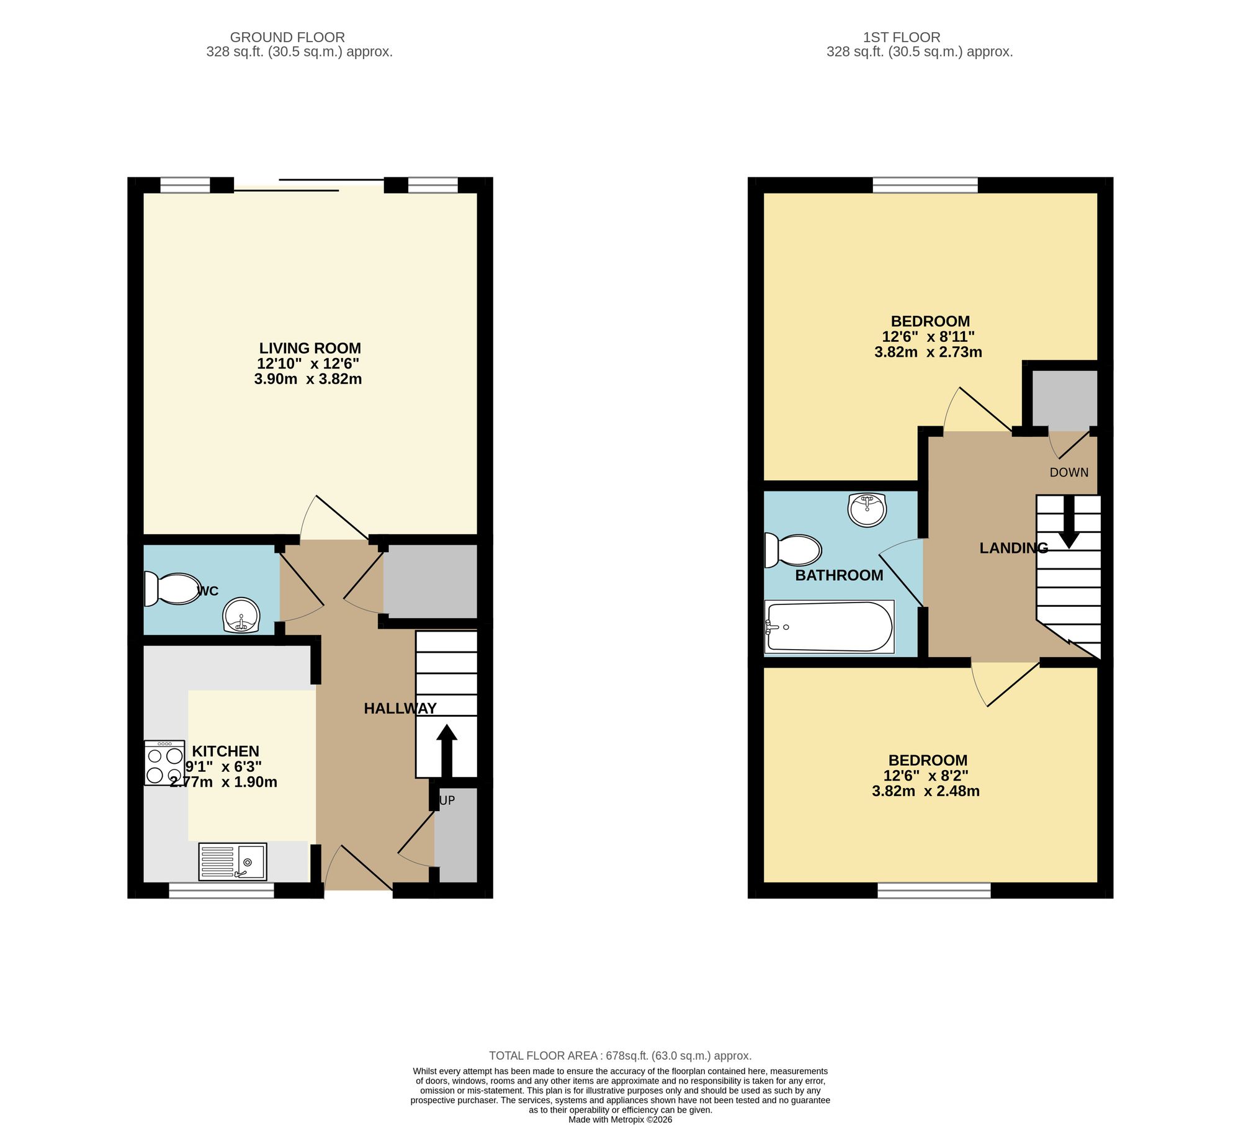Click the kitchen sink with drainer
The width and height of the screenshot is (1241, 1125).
point(233,861)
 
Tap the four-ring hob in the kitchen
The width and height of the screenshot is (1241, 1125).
point(164,763)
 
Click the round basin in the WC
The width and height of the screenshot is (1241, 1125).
point(241,616)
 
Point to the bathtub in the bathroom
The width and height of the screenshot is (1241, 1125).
point(829,626)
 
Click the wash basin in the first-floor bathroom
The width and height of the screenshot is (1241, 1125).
point(867,509)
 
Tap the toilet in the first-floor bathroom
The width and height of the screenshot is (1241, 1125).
point(793,550)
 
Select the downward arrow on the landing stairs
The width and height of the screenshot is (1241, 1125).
point(1069,521)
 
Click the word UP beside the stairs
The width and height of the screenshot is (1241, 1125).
point(447,800)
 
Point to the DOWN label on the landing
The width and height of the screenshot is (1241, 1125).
point(1069,472)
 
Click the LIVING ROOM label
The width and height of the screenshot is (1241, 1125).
point(310,348)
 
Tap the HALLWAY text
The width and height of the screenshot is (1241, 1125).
point(400,708)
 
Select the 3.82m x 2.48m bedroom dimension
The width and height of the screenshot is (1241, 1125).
point(925,791)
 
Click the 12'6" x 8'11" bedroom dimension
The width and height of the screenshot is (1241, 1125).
point(928,337)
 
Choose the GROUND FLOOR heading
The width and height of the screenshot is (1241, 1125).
point(287,37)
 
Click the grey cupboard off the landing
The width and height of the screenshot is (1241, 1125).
point(1064,398)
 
